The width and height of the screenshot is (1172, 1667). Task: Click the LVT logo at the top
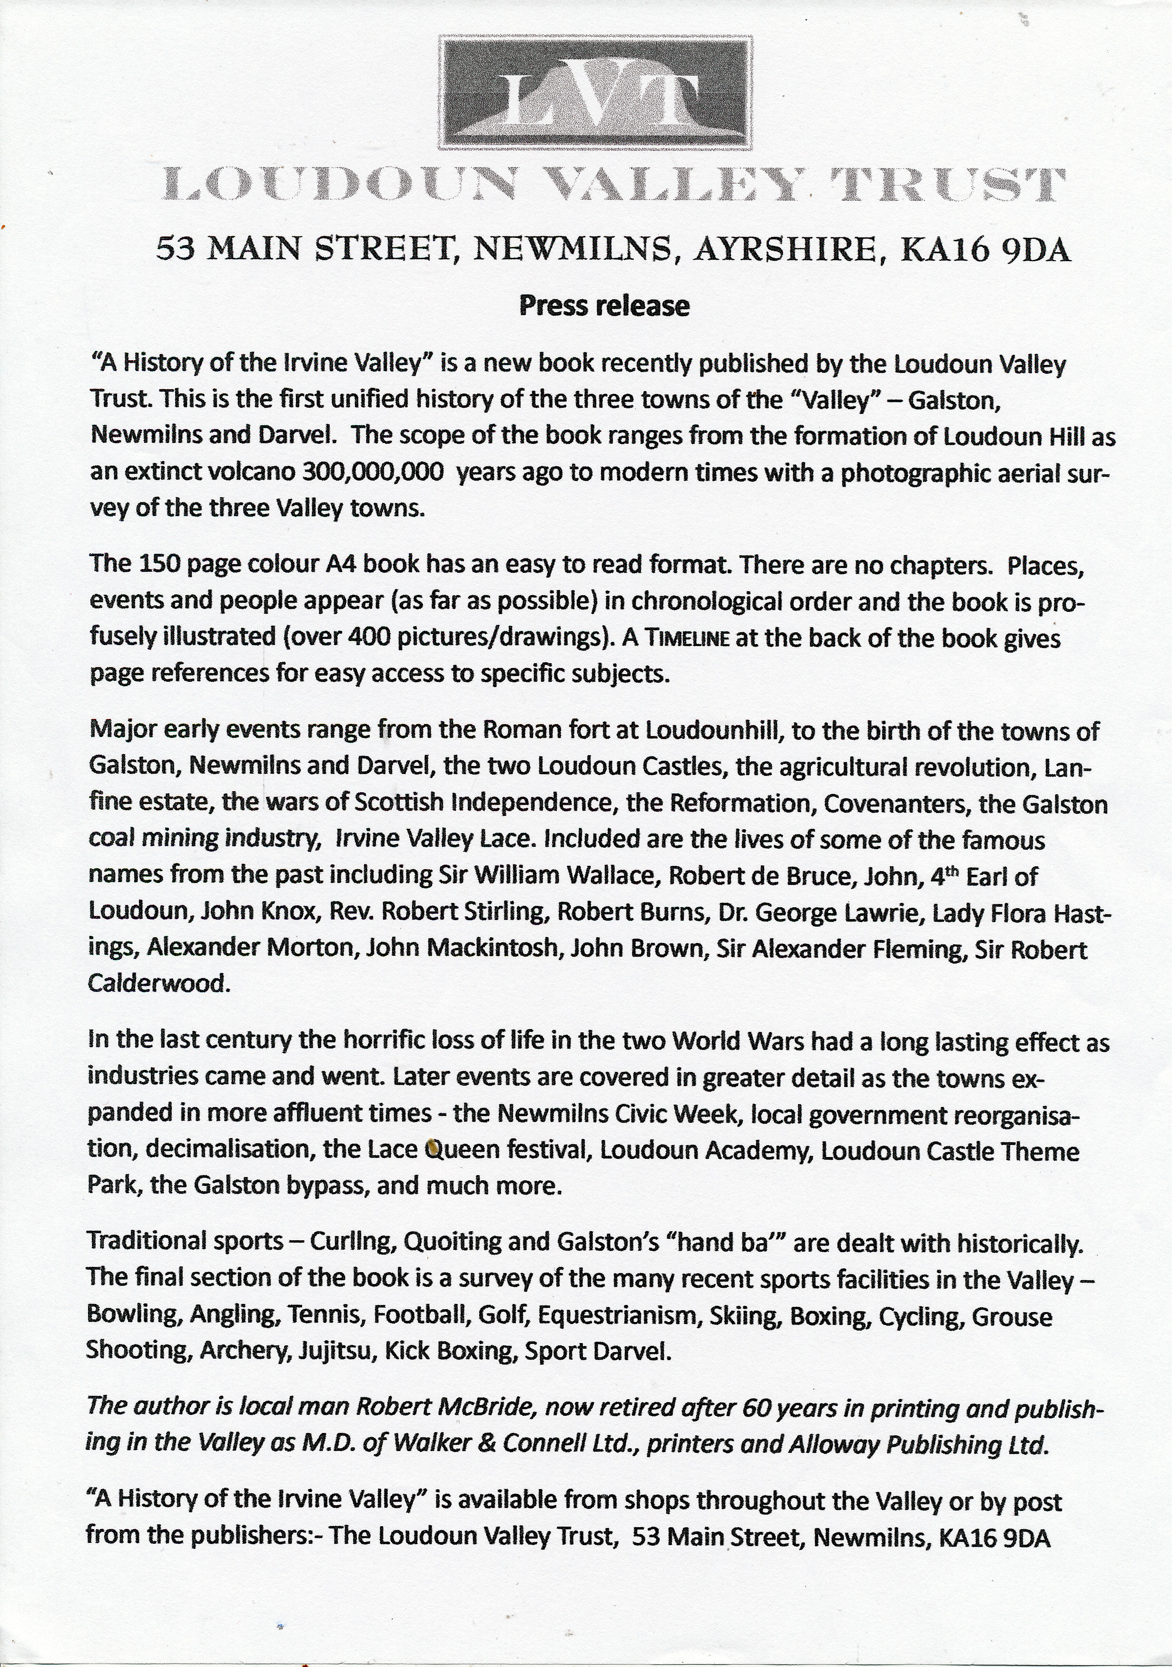tap(595, 92)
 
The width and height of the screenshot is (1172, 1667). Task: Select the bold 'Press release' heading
tap(604, 306)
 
